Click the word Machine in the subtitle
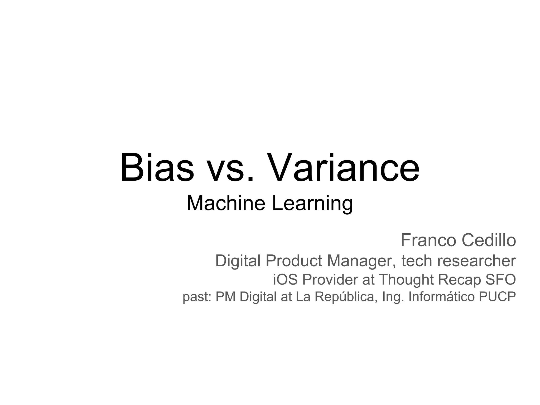pos(226,203)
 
